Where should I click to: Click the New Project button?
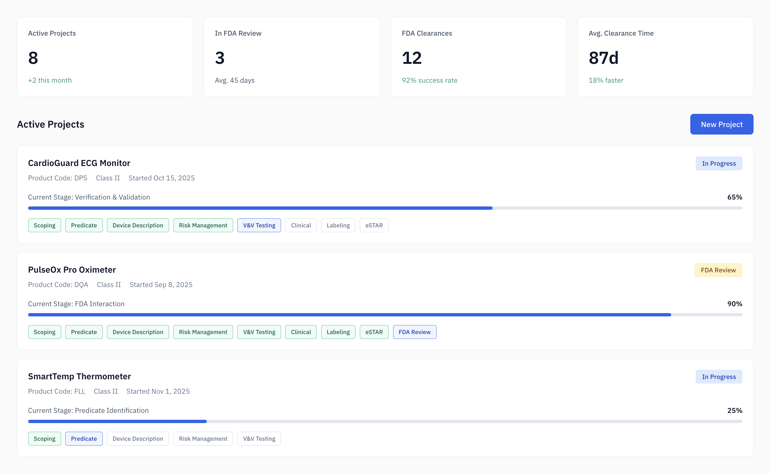point(721,124)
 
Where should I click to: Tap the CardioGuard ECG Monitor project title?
point(79,163)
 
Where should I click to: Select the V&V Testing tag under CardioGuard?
point(259,225)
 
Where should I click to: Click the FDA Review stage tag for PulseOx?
point(414,332)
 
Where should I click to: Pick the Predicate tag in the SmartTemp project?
point(84,439)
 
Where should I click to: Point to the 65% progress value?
point(734,197)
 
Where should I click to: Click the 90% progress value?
point(734,304)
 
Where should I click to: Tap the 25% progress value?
point(734,410)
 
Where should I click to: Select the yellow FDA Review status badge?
point(718,270)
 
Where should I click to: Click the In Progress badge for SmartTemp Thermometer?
point(718,377)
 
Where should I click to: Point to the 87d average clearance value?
point(603,58)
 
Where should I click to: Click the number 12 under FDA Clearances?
point(411,58)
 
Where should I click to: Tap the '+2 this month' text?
point(50,80)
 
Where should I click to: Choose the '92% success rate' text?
point(429,80)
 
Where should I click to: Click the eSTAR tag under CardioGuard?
point(374,225)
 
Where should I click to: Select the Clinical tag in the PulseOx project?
point(301,332)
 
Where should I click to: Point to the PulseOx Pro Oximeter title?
point(72,270)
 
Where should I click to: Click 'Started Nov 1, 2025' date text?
point(158,391)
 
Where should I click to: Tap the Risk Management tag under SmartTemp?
point(203,439)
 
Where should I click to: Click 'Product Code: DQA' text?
point(58,285)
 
